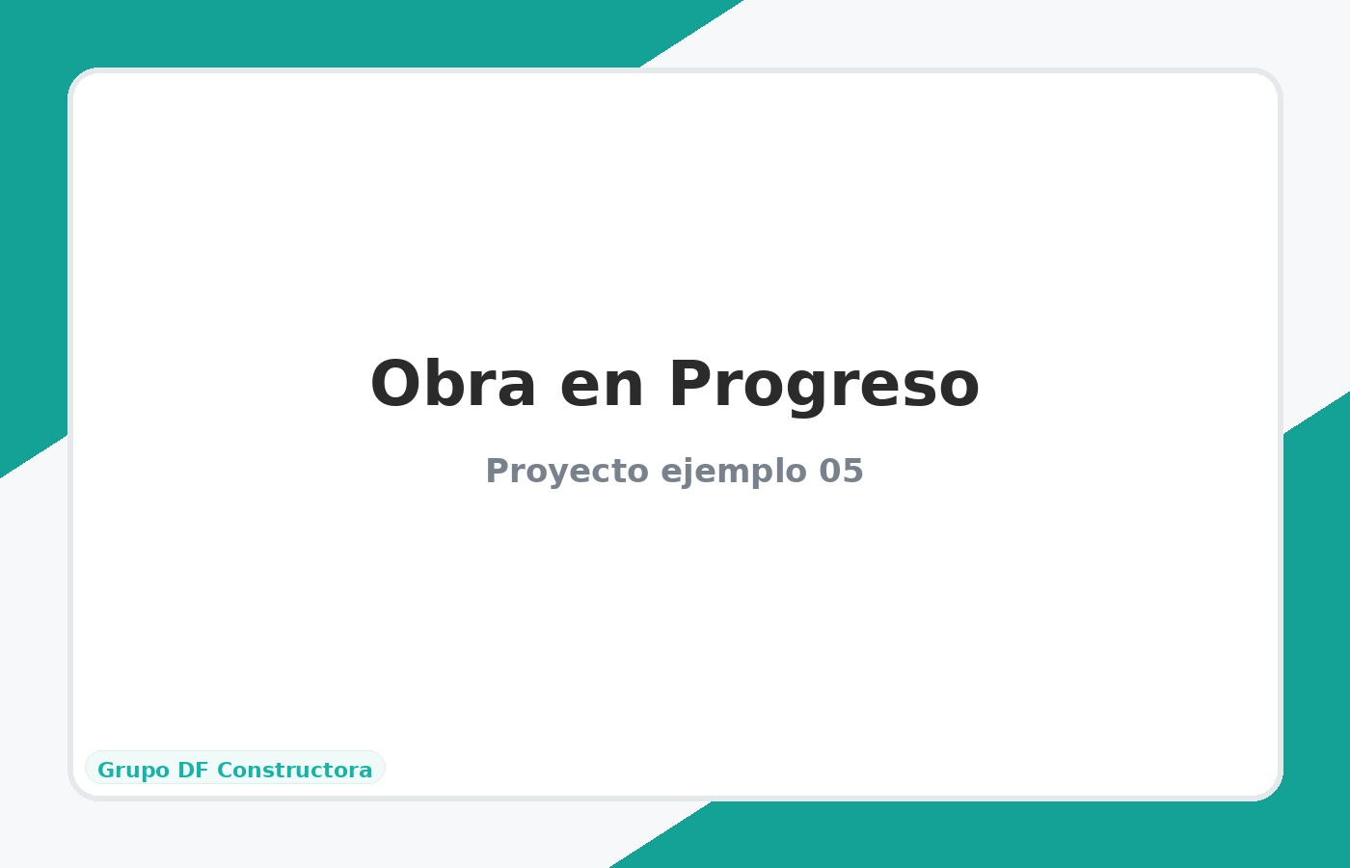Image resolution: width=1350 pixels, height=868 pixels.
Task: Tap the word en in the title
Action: (x=602, y=385)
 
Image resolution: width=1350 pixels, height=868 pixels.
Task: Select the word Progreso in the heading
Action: (x=823, y=385)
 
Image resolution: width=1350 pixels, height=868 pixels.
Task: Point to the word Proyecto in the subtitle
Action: (x=567, y=472)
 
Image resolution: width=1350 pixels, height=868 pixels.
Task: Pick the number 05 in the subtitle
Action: (x=841, y=472)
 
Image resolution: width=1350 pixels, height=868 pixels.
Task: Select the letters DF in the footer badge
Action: (x=193, y=771)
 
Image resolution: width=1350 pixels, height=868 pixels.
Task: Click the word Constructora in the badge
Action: (x=294, y=771)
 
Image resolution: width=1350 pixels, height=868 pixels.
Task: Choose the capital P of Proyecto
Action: (x=496, y=472)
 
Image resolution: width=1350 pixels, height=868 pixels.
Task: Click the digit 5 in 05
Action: (x=852, y=472)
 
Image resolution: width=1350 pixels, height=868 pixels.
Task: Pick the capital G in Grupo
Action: (x=105, y=771)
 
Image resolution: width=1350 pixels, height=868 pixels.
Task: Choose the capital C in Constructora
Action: (x=225, y=771)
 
